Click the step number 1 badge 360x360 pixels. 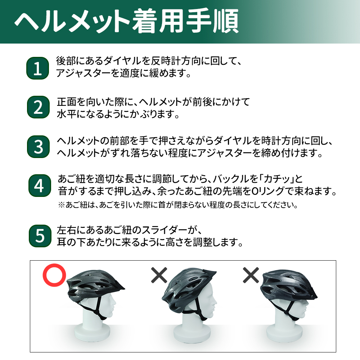(x=38, y=68)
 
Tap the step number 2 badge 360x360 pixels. (x=39, y=107)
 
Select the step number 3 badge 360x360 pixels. (x=39, y=147)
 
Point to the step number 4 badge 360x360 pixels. (x=40, y=185)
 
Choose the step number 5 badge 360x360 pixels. (x=40, y=236)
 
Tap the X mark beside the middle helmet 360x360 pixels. (x=159, y=275)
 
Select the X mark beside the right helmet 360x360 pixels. (x=251, y=275)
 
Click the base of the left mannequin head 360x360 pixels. (x=93, y=334)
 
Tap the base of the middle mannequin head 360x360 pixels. (x=192, y=334)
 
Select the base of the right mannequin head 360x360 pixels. (x=285, y=334)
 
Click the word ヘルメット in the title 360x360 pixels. (x=72, y=21)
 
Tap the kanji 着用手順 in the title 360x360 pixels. (x=185, y=21)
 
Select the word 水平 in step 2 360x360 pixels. (x=67, y=114)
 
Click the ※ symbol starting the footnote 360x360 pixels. (x=62, y=205)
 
